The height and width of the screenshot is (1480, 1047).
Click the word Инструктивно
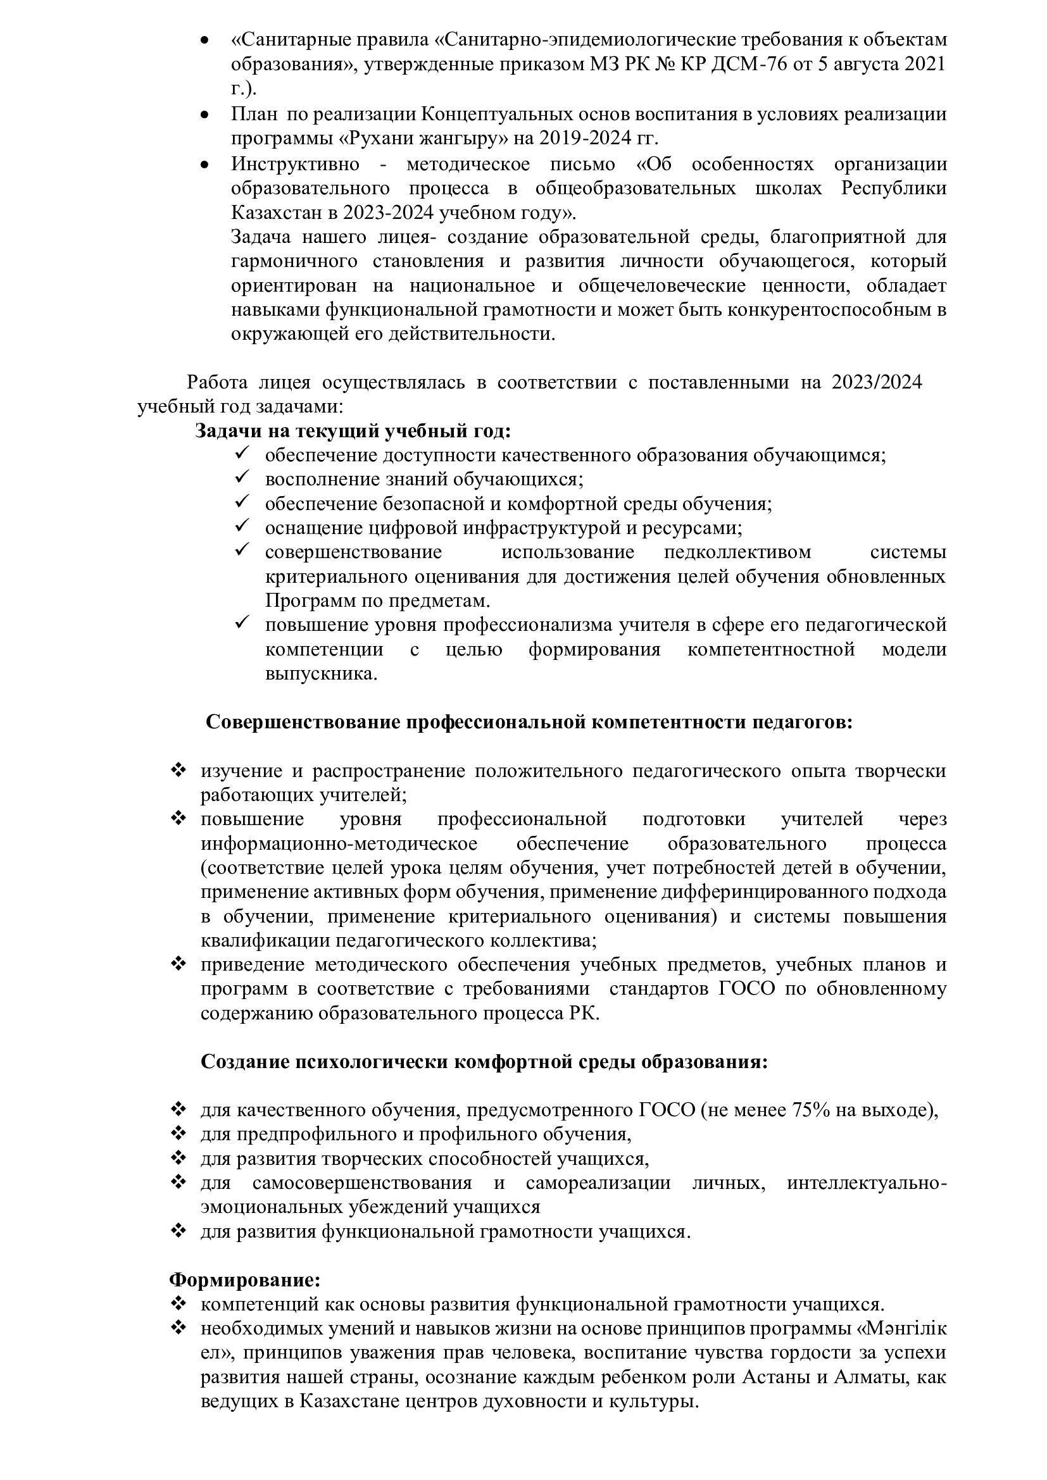click(295, 164)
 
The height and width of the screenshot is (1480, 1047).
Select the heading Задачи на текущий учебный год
click(353, 431)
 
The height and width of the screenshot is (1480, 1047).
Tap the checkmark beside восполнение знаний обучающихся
click(242, 479)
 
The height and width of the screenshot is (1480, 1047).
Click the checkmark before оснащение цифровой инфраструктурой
click(242, 527)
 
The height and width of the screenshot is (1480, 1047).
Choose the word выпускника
click(321, 674)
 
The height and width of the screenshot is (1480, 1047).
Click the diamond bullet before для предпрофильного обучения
click(178, 1135)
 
